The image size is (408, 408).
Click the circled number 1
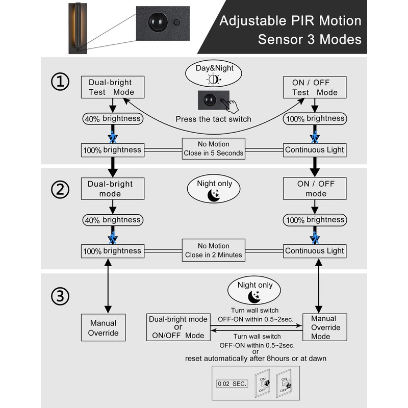coord(62,83)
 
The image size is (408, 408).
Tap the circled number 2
coord(62,190)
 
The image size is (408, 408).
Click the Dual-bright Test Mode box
coord(112,87)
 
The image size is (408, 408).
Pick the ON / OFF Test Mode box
coord(315,87)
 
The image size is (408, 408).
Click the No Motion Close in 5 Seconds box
coord(213,148)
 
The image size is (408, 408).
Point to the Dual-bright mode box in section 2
coord(112,189)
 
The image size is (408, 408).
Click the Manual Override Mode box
coord(320,326)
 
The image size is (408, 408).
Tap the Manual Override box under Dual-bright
coord(104,327)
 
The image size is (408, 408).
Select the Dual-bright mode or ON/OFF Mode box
coord(178,327)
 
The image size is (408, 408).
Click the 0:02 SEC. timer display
coord(233,383)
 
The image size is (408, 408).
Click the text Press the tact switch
coord(213,119)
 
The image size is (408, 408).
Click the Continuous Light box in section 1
coord(315,150)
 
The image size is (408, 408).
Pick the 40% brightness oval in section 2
coord(112,220)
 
